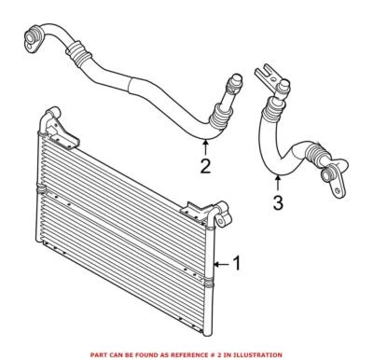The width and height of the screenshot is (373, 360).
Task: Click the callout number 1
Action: [x=237, y=264]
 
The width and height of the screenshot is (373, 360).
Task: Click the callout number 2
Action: [x=206, y=167]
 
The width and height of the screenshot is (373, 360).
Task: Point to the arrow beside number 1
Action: [x=221, y=265]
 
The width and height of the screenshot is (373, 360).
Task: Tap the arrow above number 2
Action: [x=206, y=145]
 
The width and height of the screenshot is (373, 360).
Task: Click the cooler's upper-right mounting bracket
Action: [x=195, y=209]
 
